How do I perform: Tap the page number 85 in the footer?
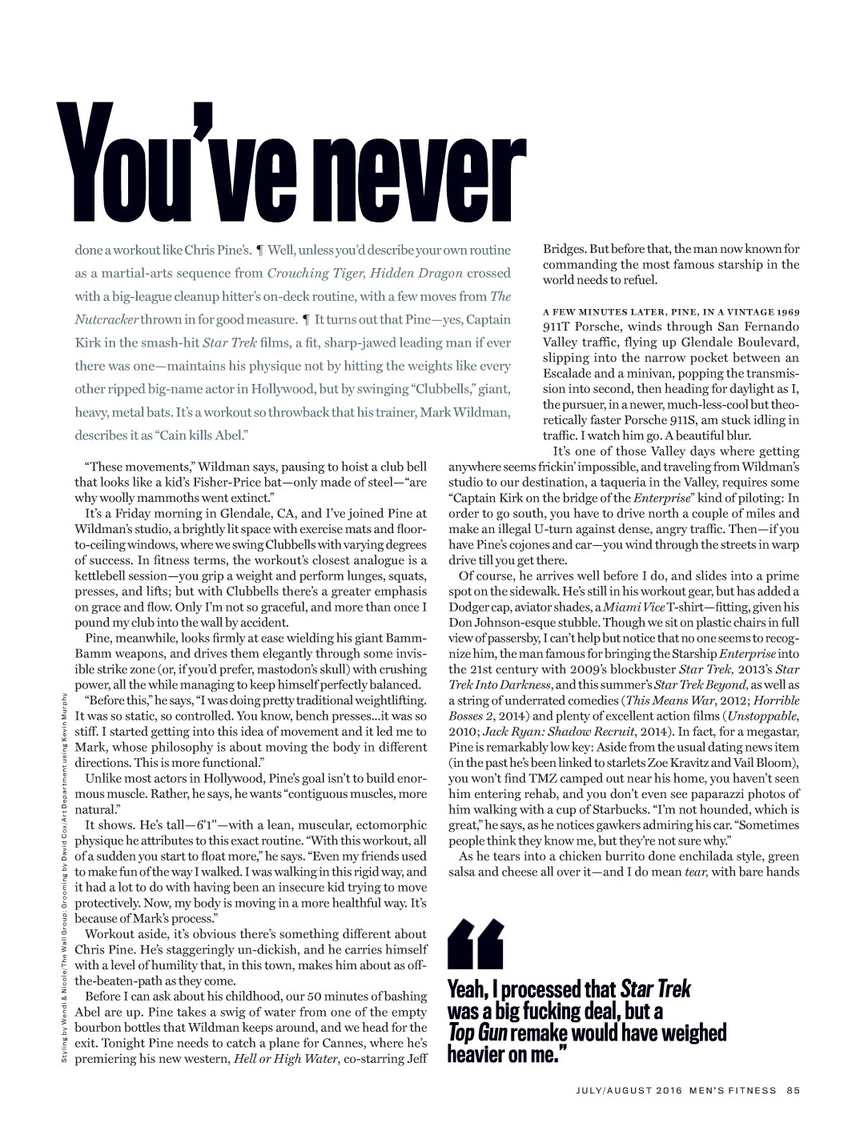(x=793, y=1089)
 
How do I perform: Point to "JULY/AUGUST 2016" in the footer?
(x=629, y=1089)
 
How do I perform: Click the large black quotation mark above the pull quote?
(x=476, y=945)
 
